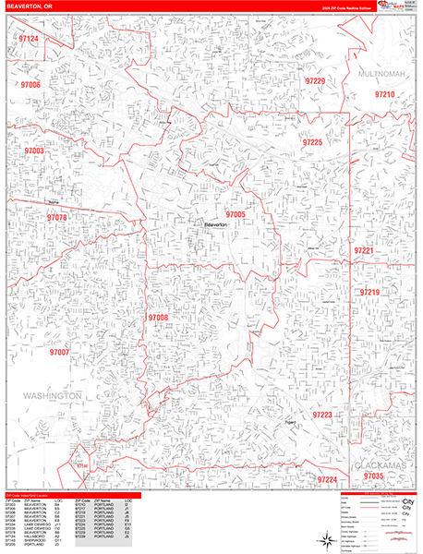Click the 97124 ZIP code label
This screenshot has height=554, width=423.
pos(29,40)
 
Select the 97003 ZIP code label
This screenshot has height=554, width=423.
pos(35,150)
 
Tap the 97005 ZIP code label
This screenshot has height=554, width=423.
pos(235,214)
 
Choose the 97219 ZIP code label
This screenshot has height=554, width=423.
pos(370,292)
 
